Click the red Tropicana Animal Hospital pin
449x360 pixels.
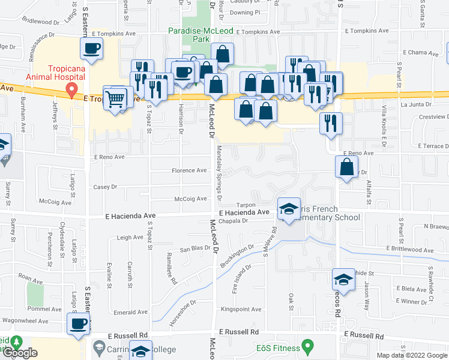[71, 91]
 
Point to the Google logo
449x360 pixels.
[20, 353]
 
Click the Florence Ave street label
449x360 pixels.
[189, 171]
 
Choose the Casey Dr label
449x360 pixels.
[105, 187]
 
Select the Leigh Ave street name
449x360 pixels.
[130, 238]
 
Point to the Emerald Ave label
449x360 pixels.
[131, 312]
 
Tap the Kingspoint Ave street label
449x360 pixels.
[241, 310]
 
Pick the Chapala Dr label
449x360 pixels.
[234, 221]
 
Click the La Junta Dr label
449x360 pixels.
[412, 106]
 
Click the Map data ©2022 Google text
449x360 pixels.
[412, 355]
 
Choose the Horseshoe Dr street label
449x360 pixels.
[183, 314]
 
